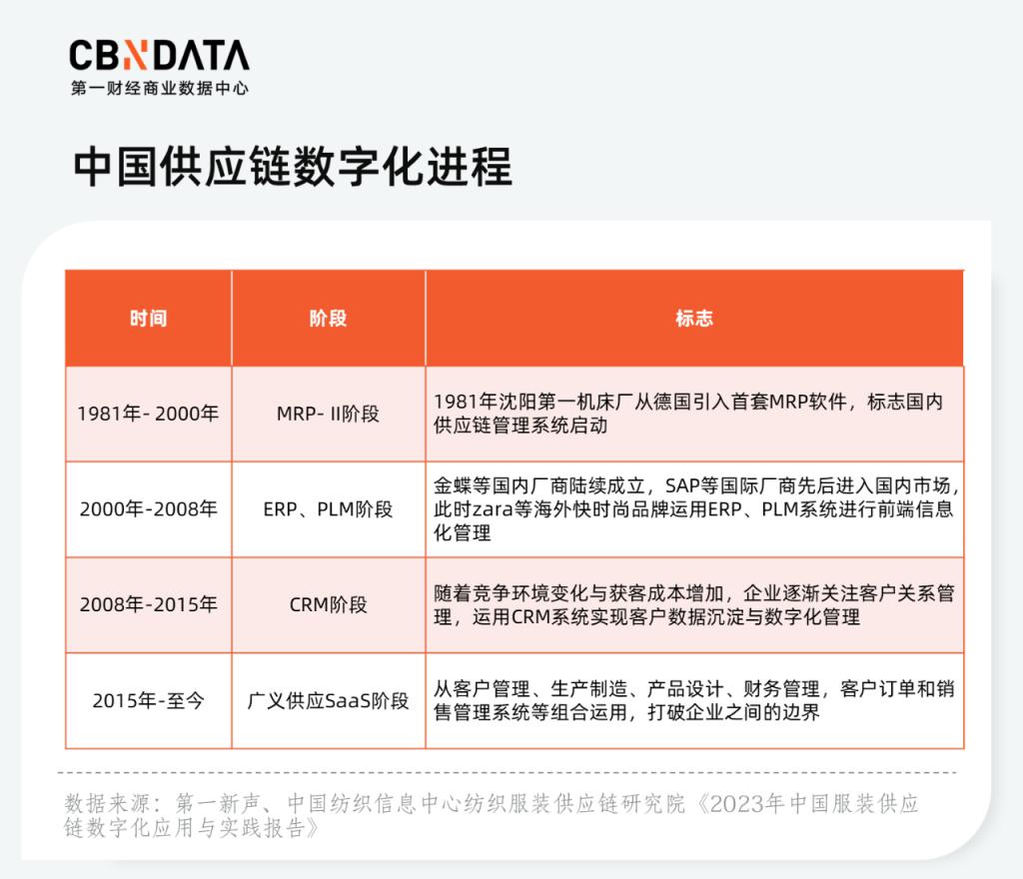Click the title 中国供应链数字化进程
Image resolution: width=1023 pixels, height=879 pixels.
[x=293, y=166]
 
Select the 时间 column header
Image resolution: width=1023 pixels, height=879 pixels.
[x=148, y=319]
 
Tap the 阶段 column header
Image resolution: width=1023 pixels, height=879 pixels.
[x=328, y=319]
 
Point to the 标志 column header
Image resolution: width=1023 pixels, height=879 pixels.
[x=694, y=319]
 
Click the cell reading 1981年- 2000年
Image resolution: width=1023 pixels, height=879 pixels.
[x=148, y=414]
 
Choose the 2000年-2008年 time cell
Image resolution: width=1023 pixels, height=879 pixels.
[x=148, y=508]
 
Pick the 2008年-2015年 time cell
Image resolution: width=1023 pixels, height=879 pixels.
[x=148, y=604]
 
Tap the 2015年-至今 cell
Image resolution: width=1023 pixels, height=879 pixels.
[x=148, y=700]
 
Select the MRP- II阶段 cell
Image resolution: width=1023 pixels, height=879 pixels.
[x=328, y=414]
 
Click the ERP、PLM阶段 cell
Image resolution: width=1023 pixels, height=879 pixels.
[x=328, y=508]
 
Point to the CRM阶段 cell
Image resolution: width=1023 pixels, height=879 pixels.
[x=328, y=604]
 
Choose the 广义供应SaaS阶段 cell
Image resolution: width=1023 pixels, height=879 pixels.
[x=328, y=700]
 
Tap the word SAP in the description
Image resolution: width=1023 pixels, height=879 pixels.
[x=681, y=485]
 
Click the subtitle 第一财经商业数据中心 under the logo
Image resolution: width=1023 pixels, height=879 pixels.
[x=160, y=88]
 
